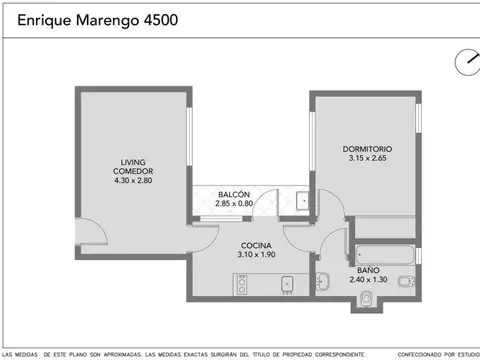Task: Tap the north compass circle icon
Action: (466, 62)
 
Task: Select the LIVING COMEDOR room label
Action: (133, 165)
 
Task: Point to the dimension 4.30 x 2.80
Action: (133, 181)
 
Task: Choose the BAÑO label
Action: (367, 271)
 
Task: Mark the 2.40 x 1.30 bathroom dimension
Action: (367, 280)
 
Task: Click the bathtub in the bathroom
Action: (384, 251)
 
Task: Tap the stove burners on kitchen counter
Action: (241, 286)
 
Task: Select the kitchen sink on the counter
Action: (286, 286)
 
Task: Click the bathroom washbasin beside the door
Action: (322, 280)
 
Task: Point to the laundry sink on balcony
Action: (302, 200)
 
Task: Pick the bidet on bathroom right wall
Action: (403, 283)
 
